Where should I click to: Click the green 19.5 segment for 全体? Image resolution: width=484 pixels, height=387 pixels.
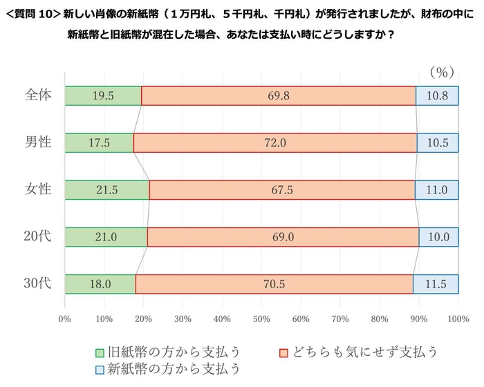tap(103, 95)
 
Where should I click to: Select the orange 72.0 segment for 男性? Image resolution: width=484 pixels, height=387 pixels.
tap(275, 142)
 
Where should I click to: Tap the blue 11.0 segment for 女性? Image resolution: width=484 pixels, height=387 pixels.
tap(436, 189)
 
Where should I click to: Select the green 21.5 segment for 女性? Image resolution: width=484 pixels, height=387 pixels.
tap(107, 189)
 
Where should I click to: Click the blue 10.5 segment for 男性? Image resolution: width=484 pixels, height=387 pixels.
tap(438, 142)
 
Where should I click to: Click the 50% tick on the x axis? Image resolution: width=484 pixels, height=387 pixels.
tap(261, 319)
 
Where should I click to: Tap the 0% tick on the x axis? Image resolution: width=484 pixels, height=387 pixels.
tap(65, 319)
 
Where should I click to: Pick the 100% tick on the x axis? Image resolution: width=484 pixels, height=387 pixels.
tap(457, 319)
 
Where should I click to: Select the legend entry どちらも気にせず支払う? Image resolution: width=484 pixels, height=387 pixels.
tap(357, 352)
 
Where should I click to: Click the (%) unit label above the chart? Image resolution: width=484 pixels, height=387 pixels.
tap(440, 72)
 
